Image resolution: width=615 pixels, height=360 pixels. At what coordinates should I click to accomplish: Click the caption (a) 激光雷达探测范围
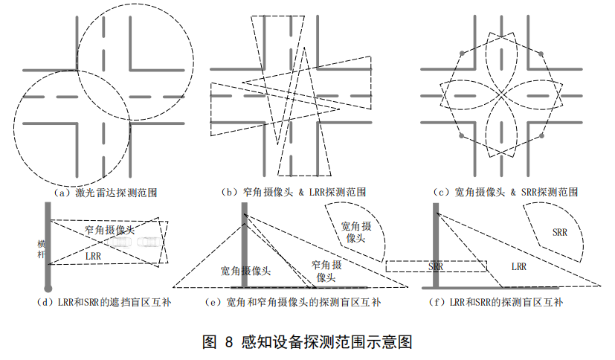(x=106, y=193)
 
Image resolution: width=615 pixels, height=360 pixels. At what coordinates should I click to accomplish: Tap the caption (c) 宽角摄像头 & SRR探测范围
(x=506, y=193)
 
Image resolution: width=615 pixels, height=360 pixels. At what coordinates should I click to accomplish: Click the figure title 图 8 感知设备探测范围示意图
(x=307, y=342)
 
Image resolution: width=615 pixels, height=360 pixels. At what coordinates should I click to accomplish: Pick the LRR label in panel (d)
(x=93, y=255)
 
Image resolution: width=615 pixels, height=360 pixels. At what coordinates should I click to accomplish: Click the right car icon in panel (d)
(x=148, y=242)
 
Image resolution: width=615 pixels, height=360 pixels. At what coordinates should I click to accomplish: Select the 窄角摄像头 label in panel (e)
(x=326, y=271)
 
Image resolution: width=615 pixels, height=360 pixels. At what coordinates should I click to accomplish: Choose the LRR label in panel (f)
(x=519, y=266)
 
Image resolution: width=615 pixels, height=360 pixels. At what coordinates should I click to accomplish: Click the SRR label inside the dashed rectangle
(x=437, y=266)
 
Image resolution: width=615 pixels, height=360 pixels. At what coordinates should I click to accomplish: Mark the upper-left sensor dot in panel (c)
(x=463, y=53)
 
